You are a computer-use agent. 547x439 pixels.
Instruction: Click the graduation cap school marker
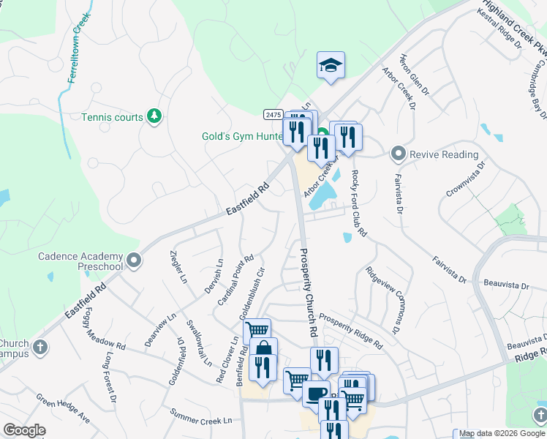[x=331, y=65]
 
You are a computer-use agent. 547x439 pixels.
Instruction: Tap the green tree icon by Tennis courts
[x=154, y=116]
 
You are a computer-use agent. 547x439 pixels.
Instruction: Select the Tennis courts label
[x=112, y=117]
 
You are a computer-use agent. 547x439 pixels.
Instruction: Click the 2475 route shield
[x=273, y=114]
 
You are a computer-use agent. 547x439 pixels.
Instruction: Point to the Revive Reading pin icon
[x=399, y=154]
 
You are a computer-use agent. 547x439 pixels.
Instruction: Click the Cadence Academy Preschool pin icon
[x=134, y=260]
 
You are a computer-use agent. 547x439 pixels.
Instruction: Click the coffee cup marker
[x=316, y=393]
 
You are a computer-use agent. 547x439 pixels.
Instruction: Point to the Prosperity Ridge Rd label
[x=350, y=331]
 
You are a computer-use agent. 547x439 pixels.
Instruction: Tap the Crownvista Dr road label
[x=465, y=179]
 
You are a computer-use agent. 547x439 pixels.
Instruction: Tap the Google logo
[x=24, y=430]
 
